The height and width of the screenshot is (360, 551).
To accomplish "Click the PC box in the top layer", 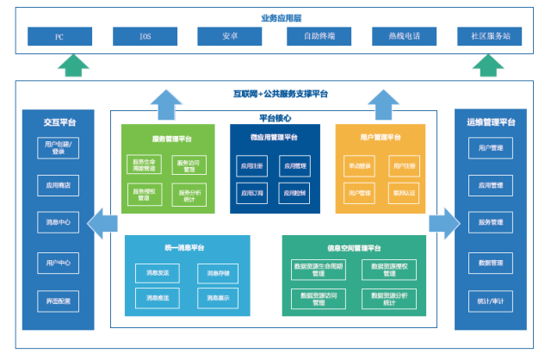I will (x=59, y=36).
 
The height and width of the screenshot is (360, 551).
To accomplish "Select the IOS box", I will (x=145, y=36).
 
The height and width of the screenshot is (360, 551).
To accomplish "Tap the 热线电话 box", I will (x=404, y=36).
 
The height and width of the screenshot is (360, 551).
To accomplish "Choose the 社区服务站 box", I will (x=490, y=36).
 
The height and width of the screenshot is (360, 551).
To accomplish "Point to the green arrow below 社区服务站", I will (x=489, y=65).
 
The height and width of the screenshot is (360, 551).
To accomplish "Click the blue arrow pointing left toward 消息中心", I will (x=103, y=222).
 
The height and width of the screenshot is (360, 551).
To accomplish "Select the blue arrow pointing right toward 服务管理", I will (x=444, y=222).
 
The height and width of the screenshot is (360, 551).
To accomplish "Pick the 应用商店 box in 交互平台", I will (x=59, y=183).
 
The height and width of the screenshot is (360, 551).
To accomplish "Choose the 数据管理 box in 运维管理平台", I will (x=490, y=262).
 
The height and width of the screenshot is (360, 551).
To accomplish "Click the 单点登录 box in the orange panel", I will (x=359, y=164).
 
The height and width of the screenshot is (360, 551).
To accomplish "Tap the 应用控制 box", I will (x=295, y=194).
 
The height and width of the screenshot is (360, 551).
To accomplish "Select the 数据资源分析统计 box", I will (x=389, y=298).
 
